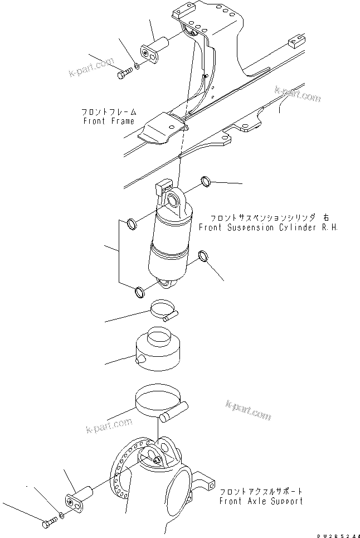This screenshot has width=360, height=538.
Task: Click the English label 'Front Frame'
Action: click(108, 121)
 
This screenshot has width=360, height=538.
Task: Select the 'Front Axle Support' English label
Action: click(261, 501)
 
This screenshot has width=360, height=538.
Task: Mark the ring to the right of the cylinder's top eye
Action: click(206, 181)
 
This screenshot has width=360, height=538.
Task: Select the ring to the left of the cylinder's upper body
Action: click(132, 224)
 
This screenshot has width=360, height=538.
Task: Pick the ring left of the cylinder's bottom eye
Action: click(138, 291)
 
